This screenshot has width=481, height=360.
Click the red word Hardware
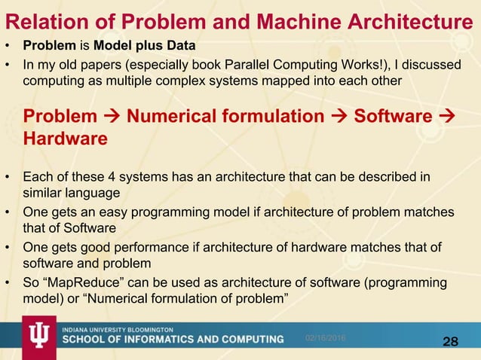(x=65, y=139)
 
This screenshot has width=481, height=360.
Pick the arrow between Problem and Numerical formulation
(x=112, y=117)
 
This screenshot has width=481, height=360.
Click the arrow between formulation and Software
(x=339, y=117)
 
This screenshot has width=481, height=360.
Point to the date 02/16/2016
(x=325, y=339)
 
